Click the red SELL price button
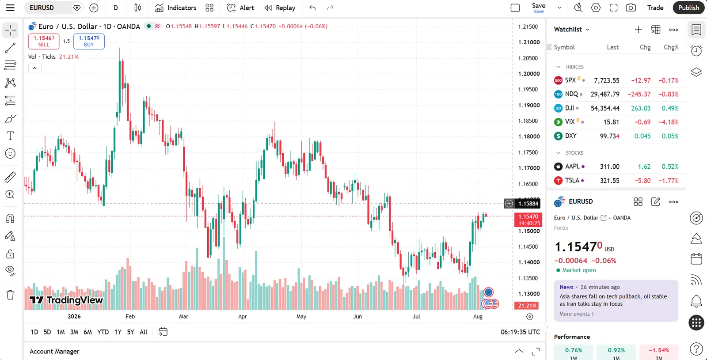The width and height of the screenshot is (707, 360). pos(44,42)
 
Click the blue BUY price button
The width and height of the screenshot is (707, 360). pos(89,42)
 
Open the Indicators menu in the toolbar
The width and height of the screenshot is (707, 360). pos(175,8)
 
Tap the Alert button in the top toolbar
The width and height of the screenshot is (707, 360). pos(240,8)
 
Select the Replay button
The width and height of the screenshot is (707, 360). pos(280,8)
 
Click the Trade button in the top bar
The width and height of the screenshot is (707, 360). pos(655,8)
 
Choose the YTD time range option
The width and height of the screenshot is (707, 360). pos(103,332)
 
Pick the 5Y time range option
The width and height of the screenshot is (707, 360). pos(130,332)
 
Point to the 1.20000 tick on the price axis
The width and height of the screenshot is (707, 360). pos(528,74)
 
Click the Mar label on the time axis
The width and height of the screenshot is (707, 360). pos(183,316)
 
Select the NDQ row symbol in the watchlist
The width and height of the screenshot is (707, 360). pos(571,94)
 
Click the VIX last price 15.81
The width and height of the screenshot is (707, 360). pos(611,122)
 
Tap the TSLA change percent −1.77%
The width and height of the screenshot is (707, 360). pos(668,181)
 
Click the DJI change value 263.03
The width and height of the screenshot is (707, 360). pos(641,108)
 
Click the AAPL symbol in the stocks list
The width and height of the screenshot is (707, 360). pos(572,166)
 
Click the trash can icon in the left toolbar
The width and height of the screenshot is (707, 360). pos(10,295)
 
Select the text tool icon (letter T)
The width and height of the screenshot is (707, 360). pos(10,136)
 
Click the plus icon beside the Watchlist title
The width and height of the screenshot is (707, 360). pos(638,29)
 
